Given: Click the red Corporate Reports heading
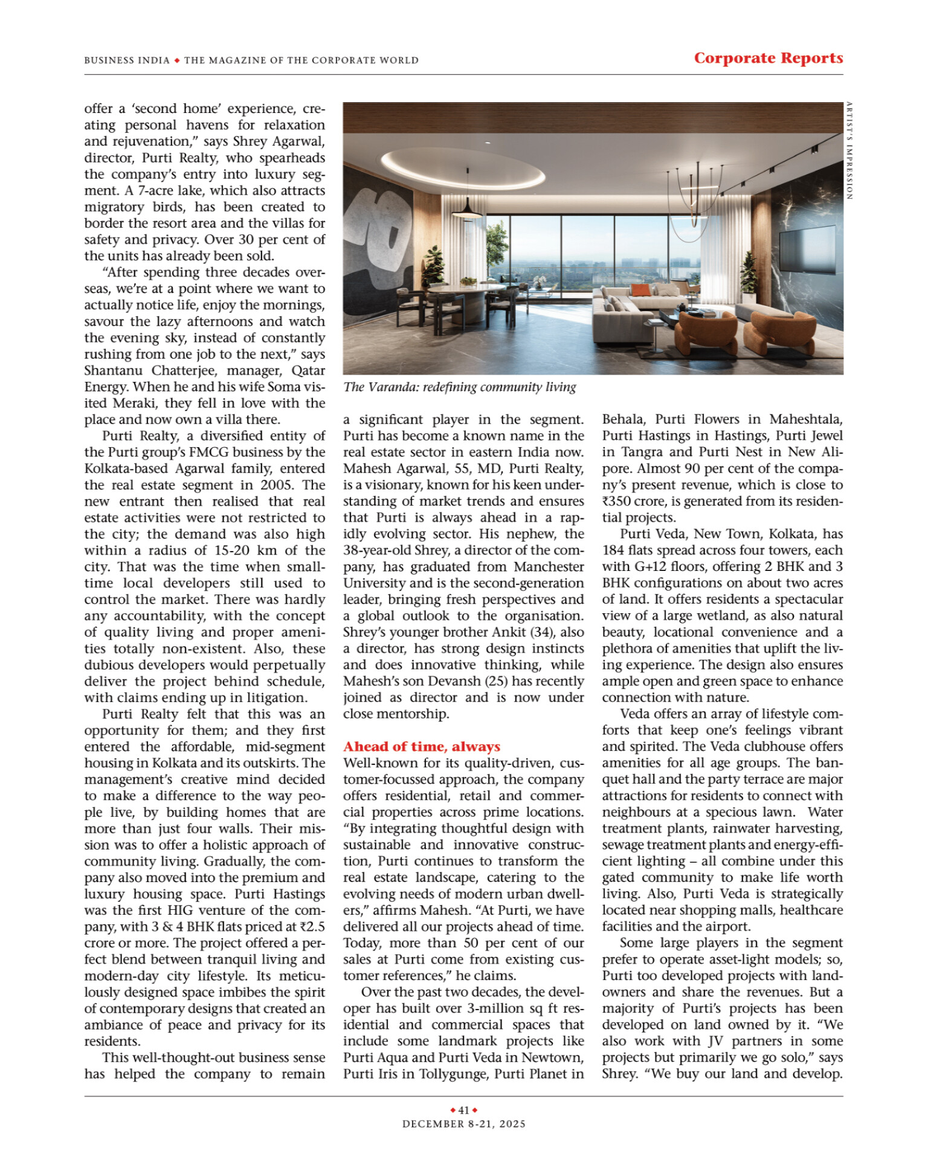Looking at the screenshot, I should [768, 58].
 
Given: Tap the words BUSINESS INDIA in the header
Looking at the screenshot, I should [127, 60].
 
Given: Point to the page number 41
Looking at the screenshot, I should [464, 1110].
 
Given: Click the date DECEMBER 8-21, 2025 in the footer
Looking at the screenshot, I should [464, 1124].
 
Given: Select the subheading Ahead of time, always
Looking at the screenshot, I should [422, 747].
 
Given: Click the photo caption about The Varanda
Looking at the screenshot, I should [460, 387].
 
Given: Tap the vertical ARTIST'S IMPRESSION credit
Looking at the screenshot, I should [849, 151].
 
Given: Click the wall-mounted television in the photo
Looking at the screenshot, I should [807, 248].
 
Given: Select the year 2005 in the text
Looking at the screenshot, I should [277, 485].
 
